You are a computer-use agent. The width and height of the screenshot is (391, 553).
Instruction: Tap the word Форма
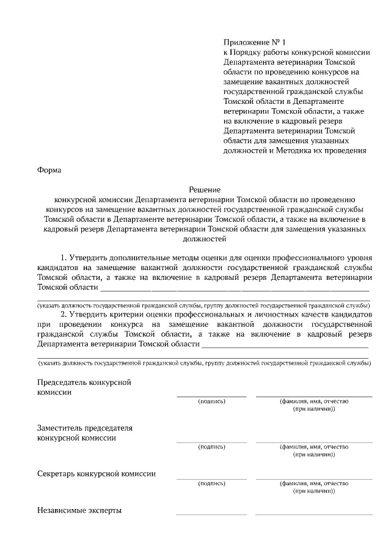coord(49,170)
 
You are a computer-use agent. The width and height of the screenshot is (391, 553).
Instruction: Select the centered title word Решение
coord(204,190)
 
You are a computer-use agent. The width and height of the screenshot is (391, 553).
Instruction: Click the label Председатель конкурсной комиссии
coord(84,387)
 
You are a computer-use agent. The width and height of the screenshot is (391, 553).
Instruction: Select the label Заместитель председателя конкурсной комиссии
coord(84,433)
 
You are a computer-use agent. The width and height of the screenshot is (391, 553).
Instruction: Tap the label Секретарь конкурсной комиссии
coord(97,474)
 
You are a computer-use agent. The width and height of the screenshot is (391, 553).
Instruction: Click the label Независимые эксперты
coord(79,510)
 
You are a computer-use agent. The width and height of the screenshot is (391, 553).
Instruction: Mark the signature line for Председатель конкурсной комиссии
coord(211,397)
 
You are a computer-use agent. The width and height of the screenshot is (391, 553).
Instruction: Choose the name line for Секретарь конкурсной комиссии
coord(313,478)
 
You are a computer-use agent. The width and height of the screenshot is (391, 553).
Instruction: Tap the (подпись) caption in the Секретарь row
coord(212,483)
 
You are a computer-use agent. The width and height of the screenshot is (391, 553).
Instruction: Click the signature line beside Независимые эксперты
coord(211,515)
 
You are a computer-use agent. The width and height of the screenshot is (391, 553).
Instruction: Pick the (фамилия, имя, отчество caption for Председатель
coord(314,401)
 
